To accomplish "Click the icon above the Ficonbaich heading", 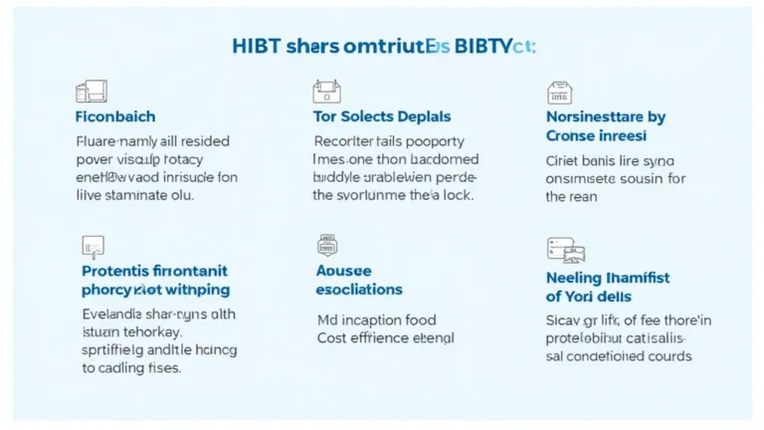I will (91, 93).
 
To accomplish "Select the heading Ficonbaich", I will (115, 116).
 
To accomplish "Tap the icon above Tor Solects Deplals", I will (326, 93).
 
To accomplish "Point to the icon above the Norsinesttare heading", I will (559, 94).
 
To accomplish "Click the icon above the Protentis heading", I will (92, 246).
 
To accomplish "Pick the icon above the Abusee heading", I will (327, 245).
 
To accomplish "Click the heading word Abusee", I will (343, 270).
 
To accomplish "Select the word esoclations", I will (359, 289).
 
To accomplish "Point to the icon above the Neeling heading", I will (560, 250).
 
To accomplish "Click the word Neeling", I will (575, 278).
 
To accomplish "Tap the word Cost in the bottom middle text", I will (332, 337).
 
